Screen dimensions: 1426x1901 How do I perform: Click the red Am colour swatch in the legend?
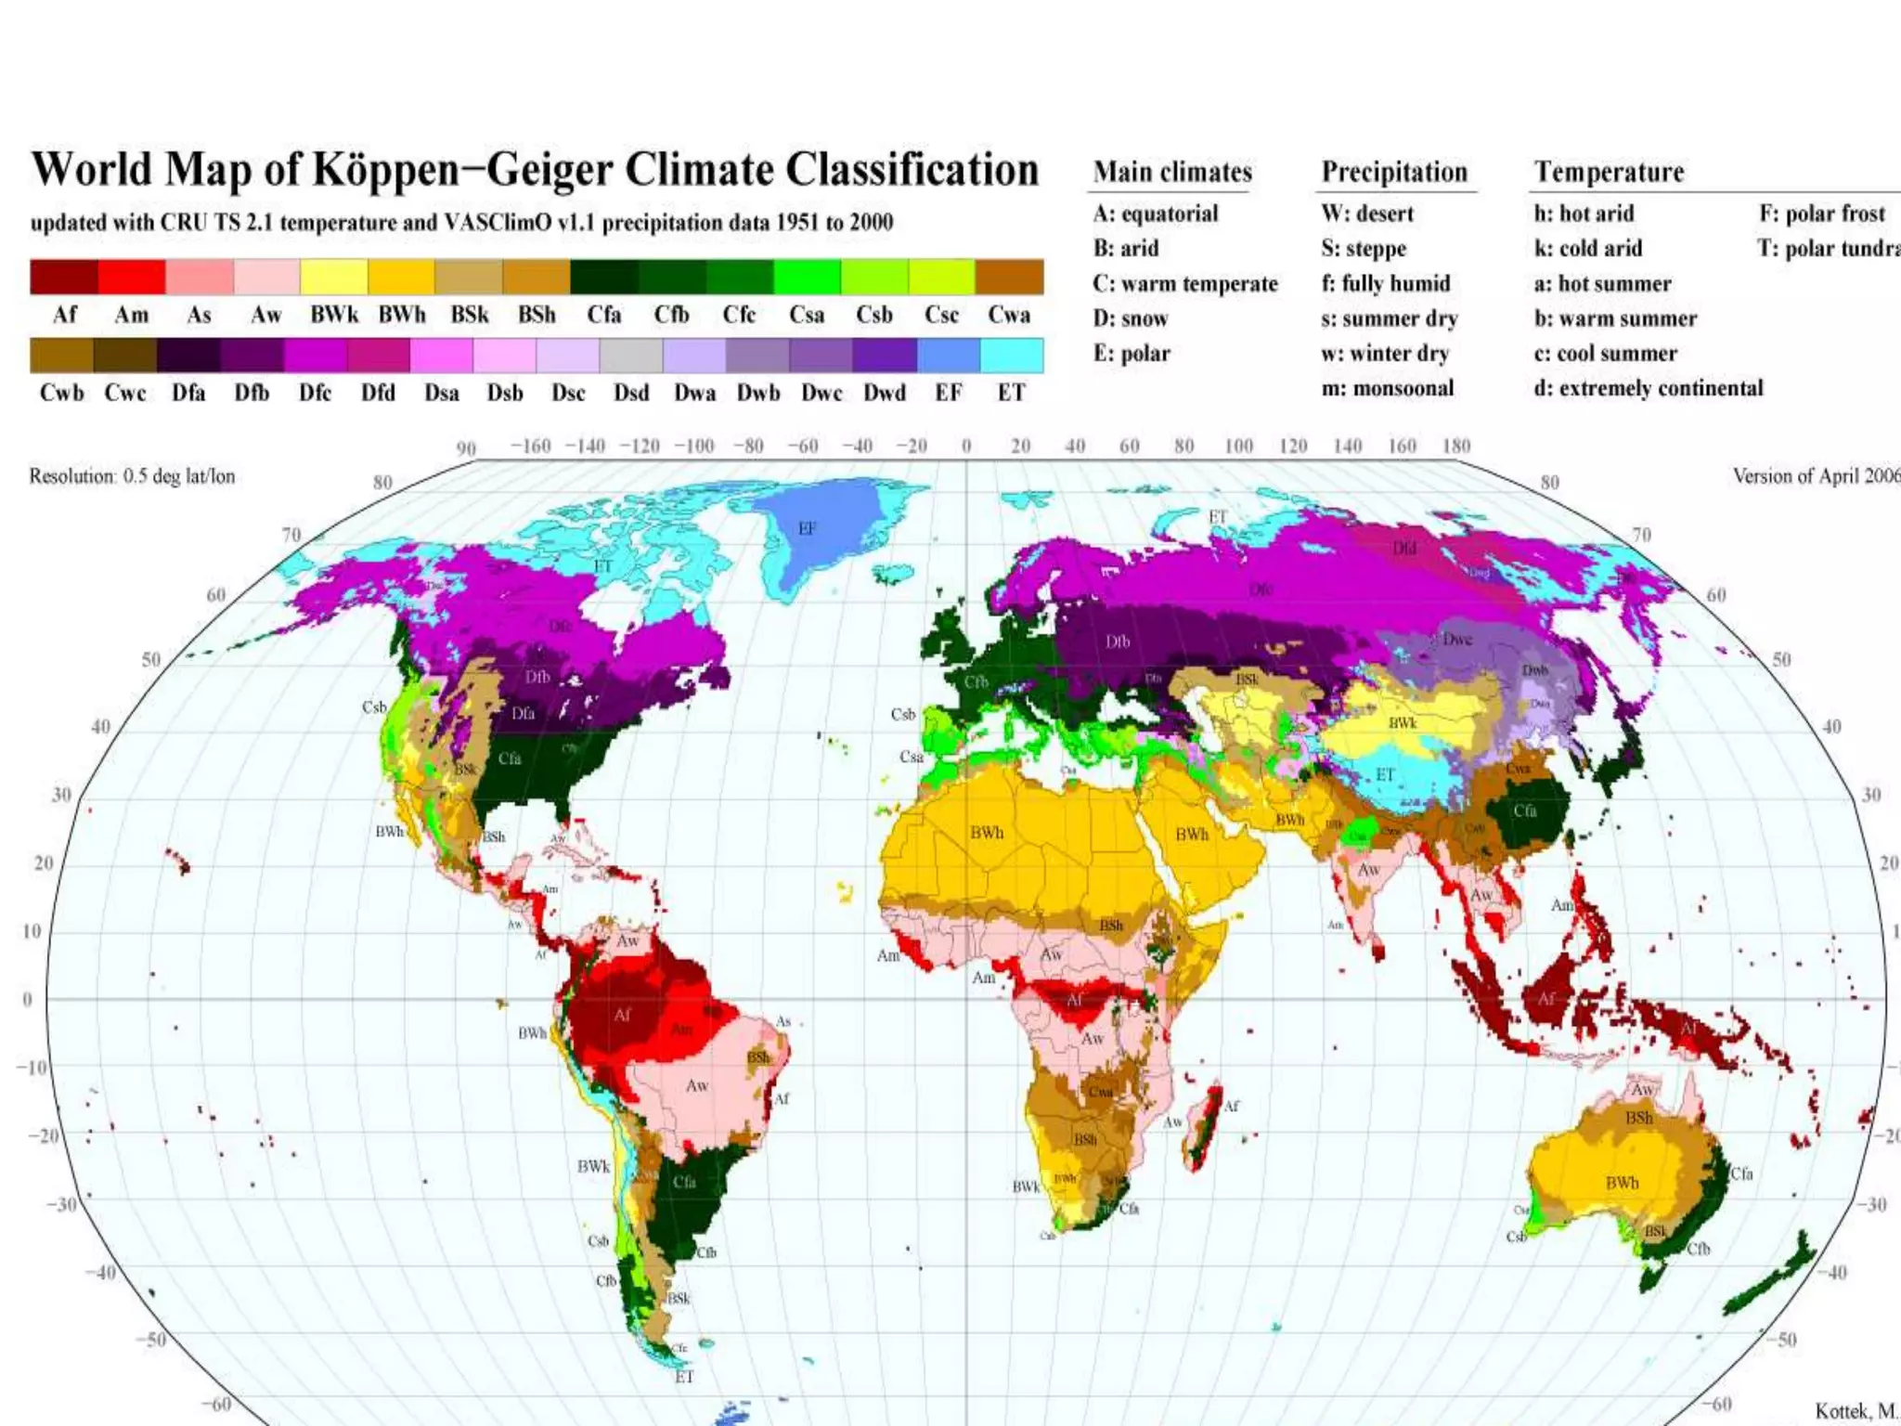point(131,277)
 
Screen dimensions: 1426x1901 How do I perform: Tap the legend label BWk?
point(334,315)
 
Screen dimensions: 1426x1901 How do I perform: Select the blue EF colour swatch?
point(948,356)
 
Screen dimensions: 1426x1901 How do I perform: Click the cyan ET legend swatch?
point(1011,356)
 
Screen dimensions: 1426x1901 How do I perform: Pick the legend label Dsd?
point(631,393)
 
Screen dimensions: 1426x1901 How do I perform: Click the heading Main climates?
point(1172,172)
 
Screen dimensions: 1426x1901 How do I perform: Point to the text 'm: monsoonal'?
point(1387,388)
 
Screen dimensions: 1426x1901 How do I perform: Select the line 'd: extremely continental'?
point(1648,388)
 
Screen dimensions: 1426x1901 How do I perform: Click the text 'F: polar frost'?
point(1821,214)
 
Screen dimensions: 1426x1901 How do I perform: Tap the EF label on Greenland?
point(807,528)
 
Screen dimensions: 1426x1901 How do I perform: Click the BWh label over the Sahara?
point(987,833)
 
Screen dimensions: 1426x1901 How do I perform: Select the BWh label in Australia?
point(1622,1183)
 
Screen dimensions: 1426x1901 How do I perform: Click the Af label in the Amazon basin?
point(622,1015)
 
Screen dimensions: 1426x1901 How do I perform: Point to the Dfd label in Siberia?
point(1404,548)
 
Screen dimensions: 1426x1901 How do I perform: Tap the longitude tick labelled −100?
point(693,446)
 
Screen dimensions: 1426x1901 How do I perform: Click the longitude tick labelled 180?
point(1455,446)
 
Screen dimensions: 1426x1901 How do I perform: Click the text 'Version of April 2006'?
point(1815,476)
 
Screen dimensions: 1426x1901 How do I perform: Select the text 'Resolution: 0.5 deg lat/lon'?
point(132,476)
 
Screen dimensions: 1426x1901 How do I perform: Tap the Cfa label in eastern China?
point(1524,810)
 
